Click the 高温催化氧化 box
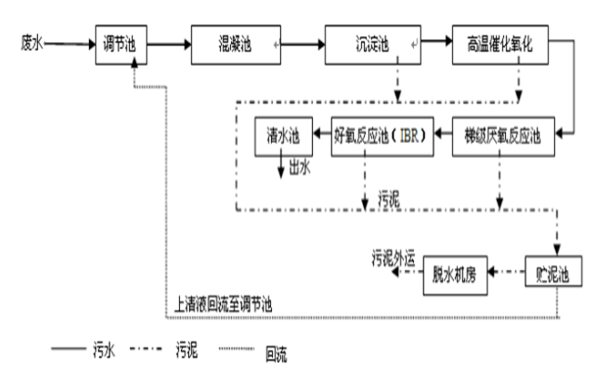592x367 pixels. coord(500,45)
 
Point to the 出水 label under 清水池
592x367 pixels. coord(299,167)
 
